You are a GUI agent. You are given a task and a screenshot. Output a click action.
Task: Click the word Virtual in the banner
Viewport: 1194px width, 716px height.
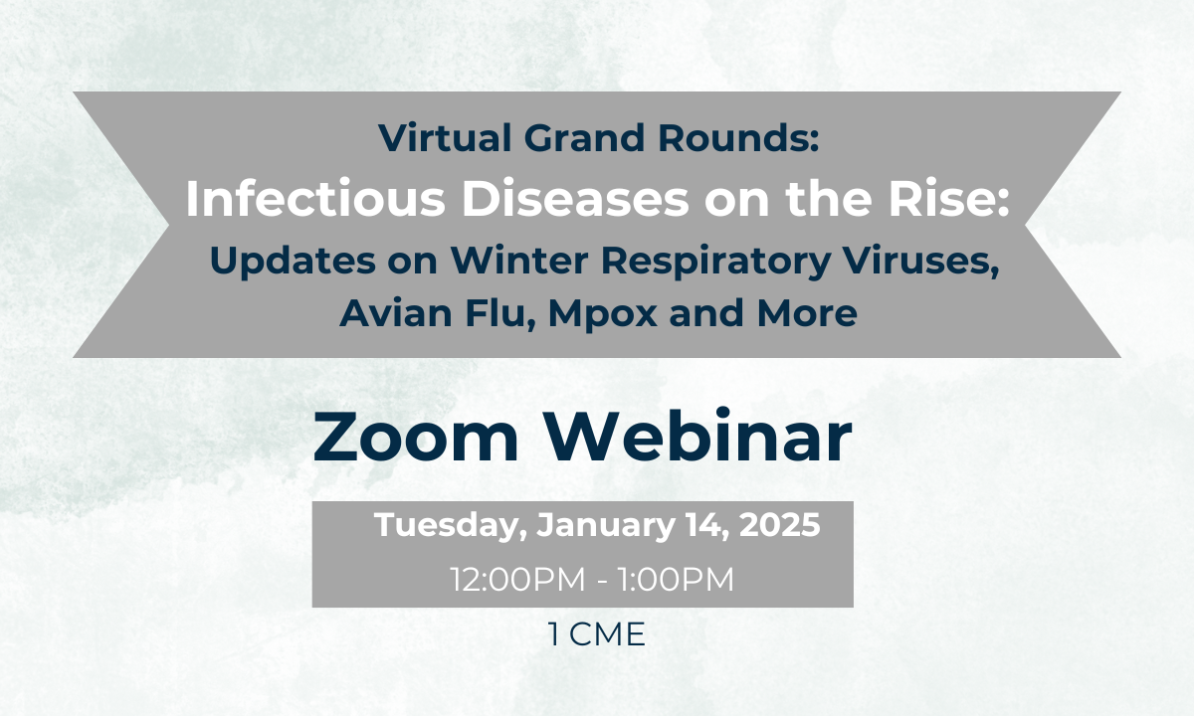(445, 138)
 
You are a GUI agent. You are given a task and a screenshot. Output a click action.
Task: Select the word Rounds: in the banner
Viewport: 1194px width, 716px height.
(738, 138)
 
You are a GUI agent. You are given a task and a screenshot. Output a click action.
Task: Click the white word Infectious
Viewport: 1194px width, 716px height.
(315, 199)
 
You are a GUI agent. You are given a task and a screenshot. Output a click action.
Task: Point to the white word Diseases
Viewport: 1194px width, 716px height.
(576, 199)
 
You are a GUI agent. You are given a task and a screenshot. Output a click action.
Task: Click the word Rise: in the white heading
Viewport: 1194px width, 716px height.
(949, 199)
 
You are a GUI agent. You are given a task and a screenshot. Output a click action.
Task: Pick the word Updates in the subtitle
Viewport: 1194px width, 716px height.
(294, 262)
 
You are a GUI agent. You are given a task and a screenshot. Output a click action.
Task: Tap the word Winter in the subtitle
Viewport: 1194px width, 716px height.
(519, 261)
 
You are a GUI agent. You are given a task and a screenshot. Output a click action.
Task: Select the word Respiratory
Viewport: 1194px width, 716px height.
(715, 262)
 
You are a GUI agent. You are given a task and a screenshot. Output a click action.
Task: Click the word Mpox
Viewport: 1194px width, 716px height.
(602, 314)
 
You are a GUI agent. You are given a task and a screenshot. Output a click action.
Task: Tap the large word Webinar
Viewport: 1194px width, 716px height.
(697, 436)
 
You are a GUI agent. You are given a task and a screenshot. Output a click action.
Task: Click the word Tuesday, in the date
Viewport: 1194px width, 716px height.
(451, 525)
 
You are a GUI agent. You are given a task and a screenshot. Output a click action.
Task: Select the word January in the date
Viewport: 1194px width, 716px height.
(606, 525)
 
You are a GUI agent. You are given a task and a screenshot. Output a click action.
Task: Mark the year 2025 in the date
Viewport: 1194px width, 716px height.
(780, 524)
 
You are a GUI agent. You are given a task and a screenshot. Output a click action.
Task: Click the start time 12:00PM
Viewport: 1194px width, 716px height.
(517, 579)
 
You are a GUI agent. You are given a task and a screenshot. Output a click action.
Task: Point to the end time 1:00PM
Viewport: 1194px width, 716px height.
(676, 579)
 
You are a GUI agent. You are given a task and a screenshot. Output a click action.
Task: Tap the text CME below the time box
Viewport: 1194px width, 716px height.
(607, 634)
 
